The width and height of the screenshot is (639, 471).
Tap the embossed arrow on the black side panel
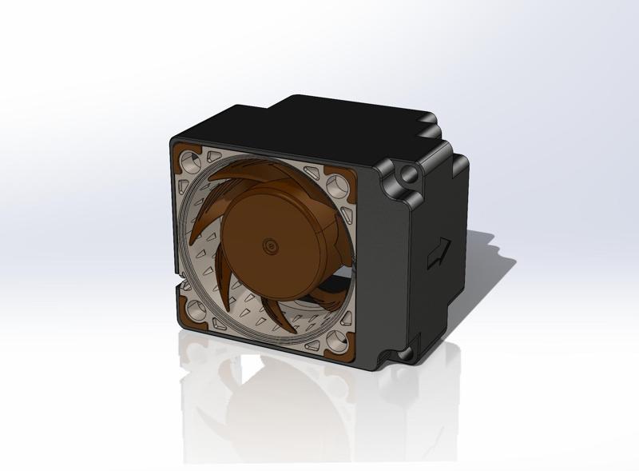point(437,253)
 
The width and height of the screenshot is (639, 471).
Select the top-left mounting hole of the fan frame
point(189,161)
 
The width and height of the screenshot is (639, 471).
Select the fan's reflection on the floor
point(264,400)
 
